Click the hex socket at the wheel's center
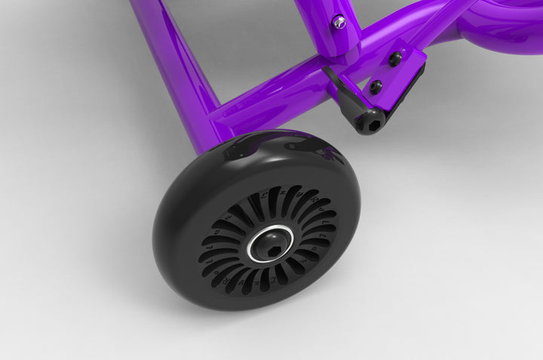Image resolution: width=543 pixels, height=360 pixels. point(273,244)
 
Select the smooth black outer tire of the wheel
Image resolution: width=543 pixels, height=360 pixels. point(181,249)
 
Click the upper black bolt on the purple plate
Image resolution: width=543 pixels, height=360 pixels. point(394,58)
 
